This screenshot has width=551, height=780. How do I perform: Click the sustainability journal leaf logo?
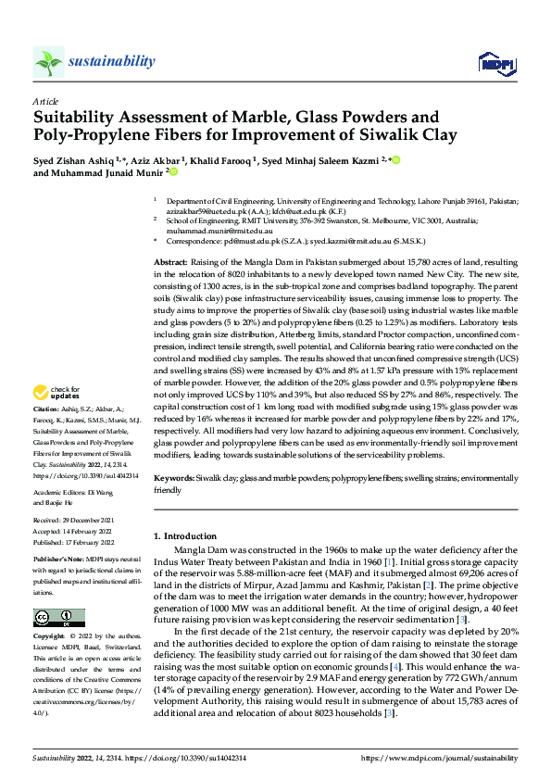48,62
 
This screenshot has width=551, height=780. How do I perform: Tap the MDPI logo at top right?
491,63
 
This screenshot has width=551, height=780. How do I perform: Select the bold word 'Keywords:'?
174,479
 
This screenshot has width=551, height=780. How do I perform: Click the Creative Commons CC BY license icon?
58,618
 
